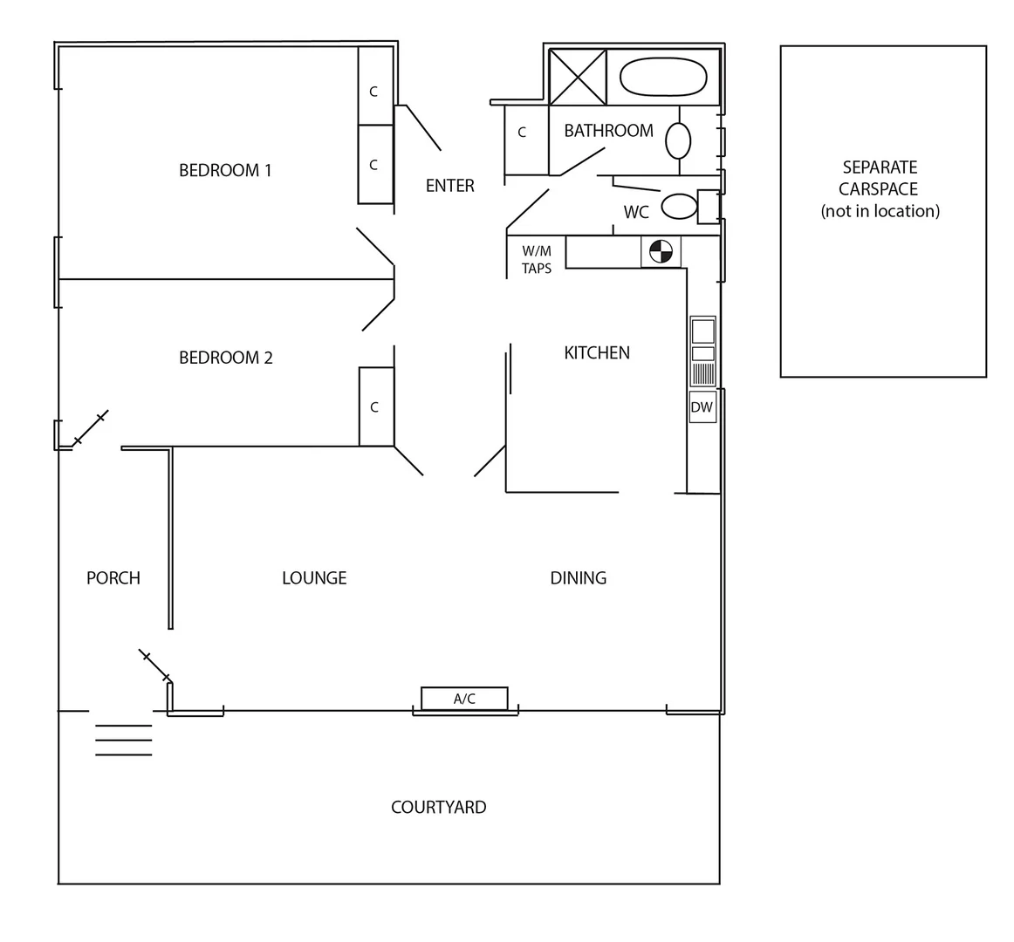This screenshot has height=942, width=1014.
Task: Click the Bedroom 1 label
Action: pyautogui.click(x=225, y=170)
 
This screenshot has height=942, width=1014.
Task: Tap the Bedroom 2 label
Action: pyautogui.click(x=225, y=358)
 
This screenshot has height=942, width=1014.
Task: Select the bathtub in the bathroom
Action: pyautogui.click(x=663, y=77)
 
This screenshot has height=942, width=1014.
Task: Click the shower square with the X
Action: pyautogui.click(x=577, y=78)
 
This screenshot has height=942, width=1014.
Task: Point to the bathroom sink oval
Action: pyautogui.click(x=678, y=140)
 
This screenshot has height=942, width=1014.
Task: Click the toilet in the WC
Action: pyautogui.click(x=680, y=207)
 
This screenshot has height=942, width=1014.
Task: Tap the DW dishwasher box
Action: pyautogui.click(x=702, y=407)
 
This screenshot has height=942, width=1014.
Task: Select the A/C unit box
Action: pyautogui.click(x=464, y=699)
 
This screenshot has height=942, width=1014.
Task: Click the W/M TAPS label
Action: pyautogui.click(x=537, y=260)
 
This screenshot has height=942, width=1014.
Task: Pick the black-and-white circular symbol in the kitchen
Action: pyautogui.click(x=661, y=251)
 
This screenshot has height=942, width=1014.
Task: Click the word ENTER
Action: pyautogui.click(x=449, y=186)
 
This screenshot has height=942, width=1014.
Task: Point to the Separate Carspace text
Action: pyautogui.click(x=880, y=188)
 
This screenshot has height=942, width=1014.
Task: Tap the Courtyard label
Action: pyautogui.click(x=438, y=808)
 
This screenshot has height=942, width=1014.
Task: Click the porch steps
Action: pyautogui.click(x=123, y=740)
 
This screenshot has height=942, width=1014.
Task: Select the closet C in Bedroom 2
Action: pyautogui.click(x=375, y=407)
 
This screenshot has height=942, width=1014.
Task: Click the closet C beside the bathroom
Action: pyautogui.click(x=522, y=133)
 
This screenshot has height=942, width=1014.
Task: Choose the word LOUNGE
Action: pyautogui.click(x=314, y=578)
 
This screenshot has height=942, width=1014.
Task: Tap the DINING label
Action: pyautogui.click(x=578, y=578)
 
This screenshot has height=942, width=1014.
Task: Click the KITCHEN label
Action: pyautogui.click(x=597, y=353)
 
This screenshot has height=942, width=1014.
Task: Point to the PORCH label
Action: pyautogui.click(x=113, y=578)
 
